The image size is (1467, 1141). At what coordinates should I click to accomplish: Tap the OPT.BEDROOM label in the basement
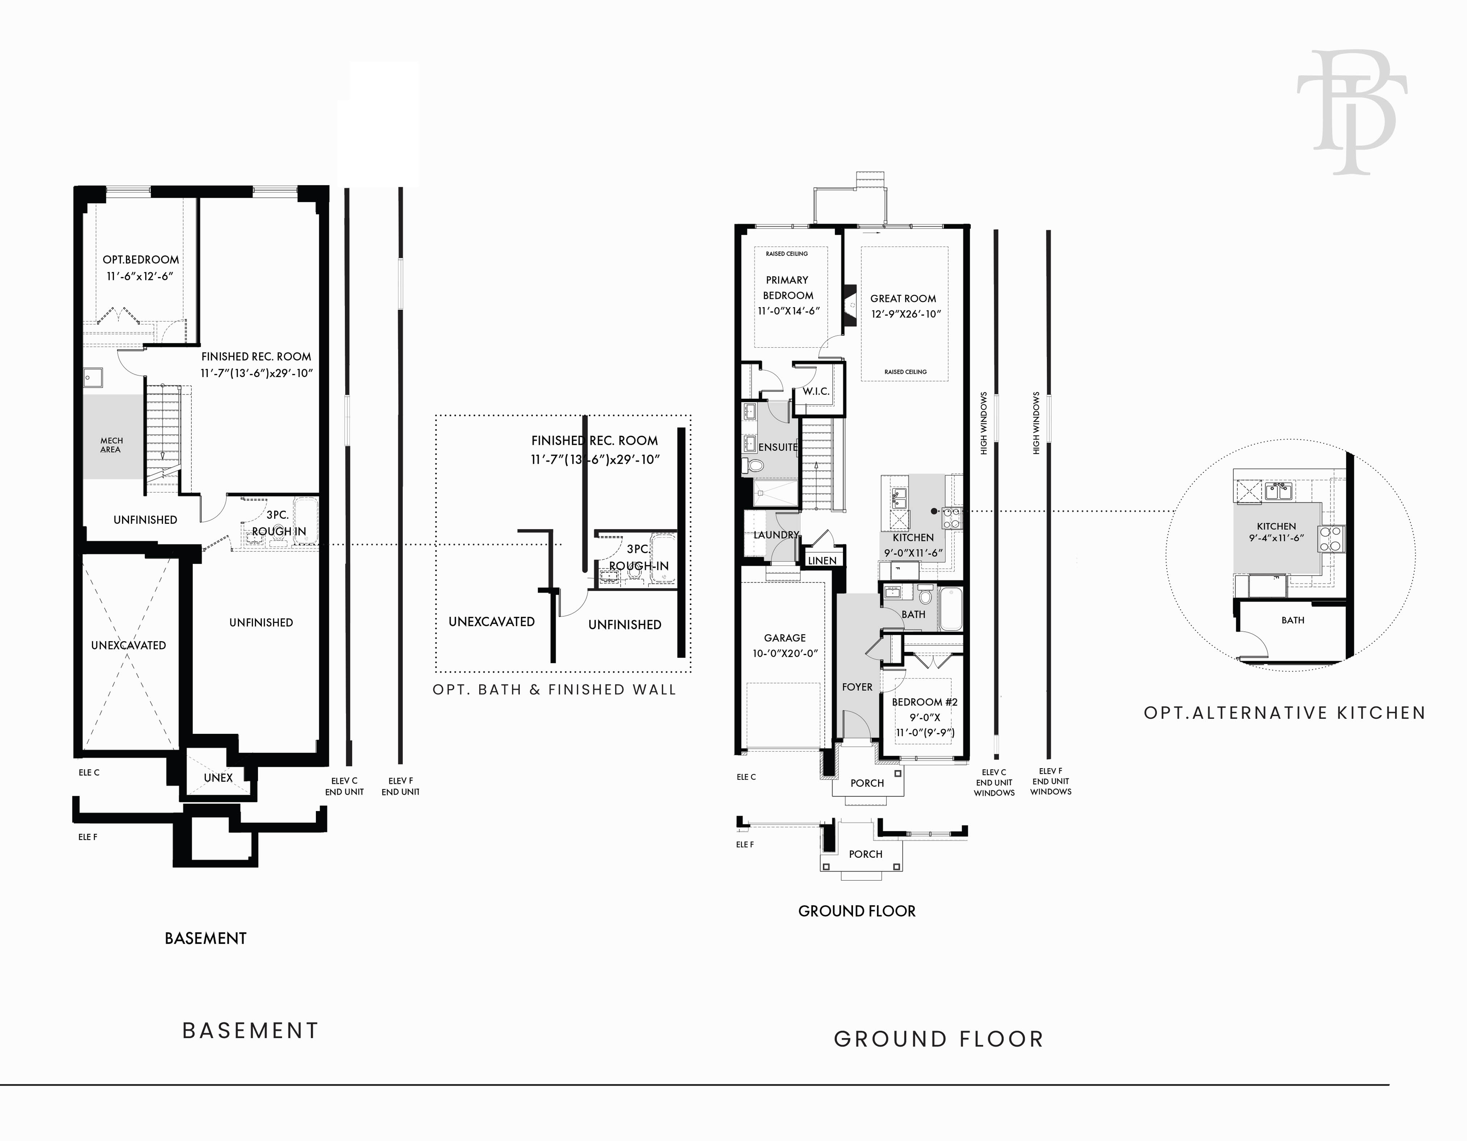(x=141, y=259)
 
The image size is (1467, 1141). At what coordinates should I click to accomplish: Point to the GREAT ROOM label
(x=903, y=298)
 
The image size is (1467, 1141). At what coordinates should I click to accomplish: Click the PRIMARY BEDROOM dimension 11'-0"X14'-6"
(x=789, y=311)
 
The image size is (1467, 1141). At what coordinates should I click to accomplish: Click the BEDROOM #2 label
(x=925, y=702)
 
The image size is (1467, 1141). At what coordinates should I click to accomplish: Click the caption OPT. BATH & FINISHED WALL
(x=554, y=690)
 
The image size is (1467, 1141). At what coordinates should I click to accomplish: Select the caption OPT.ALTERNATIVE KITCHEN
(x=1284, y=712)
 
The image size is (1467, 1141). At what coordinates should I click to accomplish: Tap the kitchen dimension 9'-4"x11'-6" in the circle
(x=1276, y=538)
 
